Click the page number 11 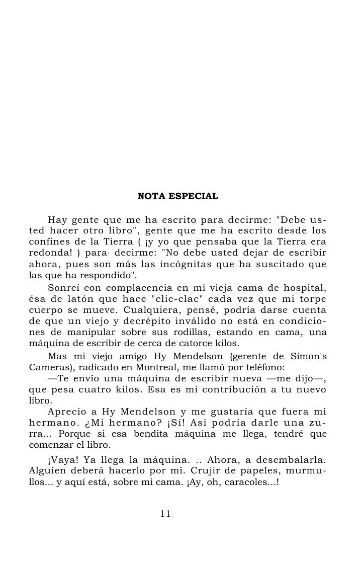[x=165, y=514]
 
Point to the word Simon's [x=308, y=356]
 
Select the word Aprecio [x=66, y=412]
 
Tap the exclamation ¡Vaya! [x=62, y=461]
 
